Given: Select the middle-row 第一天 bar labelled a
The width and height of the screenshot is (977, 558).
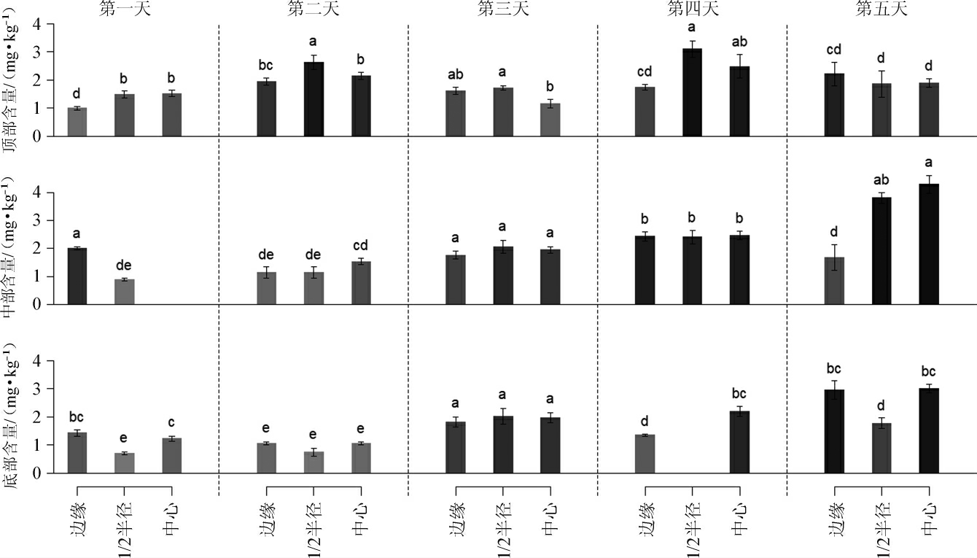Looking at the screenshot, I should click(77, 276).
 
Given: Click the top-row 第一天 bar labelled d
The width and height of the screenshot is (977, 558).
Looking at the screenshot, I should click(77, 122).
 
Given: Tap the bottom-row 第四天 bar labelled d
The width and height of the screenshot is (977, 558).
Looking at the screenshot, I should click(645, 454).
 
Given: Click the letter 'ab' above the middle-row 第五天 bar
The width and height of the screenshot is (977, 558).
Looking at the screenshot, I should click(881, 180).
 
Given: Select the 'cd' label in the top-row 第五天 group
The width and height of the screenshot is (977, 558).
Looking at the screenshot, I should click(834, 50).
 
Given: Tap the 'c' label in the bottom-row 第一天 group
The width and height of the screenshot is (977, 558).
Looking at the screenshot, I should click(171, 422).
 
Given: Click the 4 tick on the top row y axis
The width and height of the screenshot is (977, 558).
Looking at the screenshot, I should click(39, 24).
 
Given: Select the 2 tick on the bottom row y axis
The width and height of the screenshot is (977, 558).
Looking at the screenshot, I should click(39, 417).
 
